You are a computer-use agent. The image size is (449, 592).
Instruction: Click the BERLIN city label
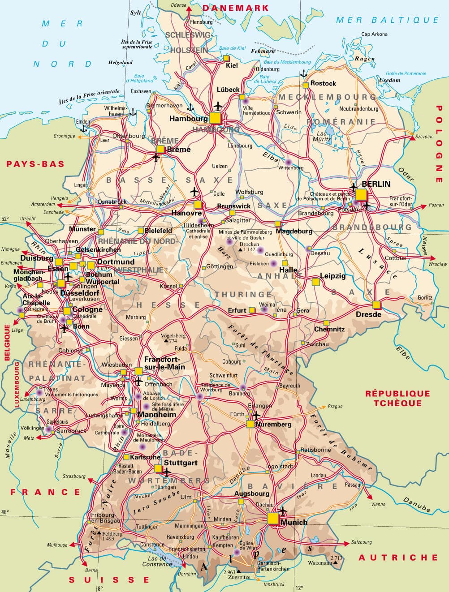click(x=376, y=184)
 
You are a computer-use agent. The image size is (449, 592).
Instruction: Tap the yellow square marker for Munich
click(x=272, y=519)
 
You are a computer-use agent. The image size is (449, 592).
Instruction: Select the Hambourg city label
click(x=188, y=119)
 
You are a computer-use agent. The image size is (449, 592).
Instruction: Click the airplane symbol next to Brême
click(x=156, y=158)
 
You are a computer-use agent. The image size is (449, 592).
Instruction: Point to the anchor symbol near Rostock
click(x=303, y=73)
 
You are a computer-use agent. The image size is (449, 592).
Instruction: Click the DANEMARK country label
click(x=236, y=8)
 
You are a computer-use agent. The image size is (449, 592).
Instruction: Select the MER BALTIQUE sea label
click(x=387, y=20)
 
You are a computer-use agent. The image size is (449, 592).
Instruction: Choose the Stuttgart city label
click(x=180, y=463)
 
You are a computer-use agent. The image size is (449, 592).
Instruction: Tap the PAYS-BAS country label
click(x=35, y=164)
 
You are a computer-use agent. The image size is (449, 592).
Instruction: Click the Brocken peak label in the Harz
click(x=249, y=245)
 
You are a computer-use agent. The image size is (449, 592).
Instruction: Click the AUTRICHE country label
click(x=397, y=557)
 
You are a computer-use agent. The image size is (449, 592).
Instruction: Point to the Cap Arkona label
click(x=375, y=34)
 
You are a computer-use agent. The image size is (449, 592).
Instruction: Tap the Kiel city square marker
click(x=226, y=58)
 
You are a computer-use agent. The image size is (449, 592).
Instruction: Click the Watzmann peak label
click(x=320, y=563)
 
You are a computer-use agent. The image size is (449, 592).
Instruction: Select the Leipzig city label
click(x=332, y=276)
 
